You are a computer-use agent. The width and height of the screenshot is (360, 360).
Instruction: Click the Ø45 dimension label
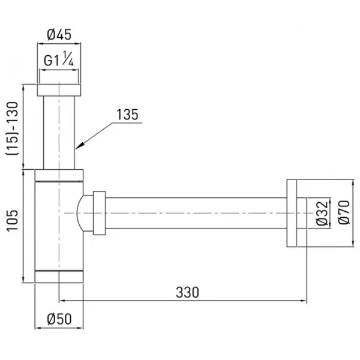pyautogui.click(x=59, y=35)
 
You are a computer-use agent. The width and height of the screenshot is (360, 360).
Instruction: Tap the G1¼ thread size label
pyautogui.click(x=59, y=59)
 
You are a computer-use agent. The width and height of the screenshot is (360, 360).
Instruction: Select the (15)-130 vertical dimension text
pyautogui.click(x=12, y=128)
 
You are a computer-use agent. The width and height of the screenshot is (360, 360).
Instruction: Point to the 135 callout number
pyautogui.click(x=127, y=115)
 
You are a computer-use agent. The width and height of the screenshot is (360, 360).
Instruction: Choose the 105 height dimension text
pyautogui.click(x=12, y=220)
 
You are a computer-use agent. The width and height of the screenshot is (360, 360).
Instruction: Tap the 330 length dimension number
pyautogui.click(x=187, y=293)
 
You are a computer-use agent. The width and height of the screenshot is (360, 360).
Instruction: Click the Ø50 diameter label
pyautogui.click(x=59, y=319)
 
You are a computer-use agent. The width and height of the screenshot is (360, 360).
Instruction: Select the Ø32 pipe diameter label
pyautogui.click(x=322, y=213)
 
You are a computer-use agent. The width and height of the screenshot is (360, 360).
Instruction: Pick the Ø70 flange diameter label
pyautogui.click(x=344, y=212)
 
